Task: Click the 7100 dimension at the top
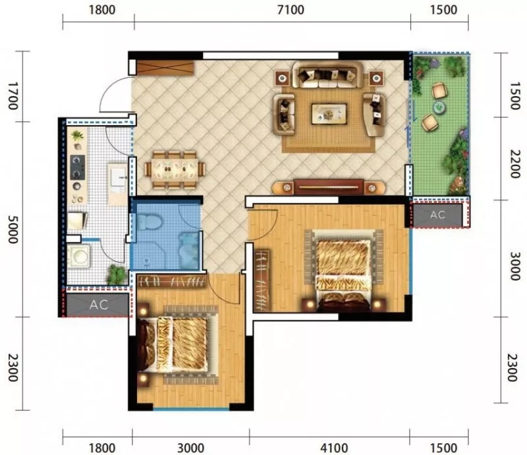click(x=291, y=10)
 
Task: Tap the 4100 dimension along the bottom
click(x=334, y=448)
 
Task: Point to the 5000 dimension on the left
click(x=13, y=229)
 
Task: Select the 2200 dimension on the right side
click(x=514, y=164)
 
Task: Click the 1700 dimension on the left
click(x=13, y=96)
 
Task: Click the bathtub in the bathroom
click(x=189, y=250)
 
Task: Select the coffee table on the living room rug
click(x=329, y=113)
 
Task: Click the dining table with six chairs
click(x=175, y=170)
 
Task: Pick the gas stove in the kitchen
click(x=77, y=167)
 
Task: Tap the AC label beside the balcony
click(x=437, y=215)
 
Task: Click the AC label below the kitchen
click(x=99, y=305)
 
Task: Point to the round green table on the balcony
click(x=439, y=107)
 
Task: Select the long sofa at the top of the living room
click(x=328, y=75)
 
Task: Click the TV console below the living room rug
click(x=328, y=187)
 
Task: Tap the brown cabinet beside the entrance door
click(x=165, y=68)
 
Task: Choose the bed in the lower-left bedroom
click(x=178, y=344)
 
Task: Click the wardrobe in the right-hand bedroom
click(x=262, y=281)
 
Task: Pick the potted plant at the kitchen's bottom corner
click(x=116, y=274)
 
